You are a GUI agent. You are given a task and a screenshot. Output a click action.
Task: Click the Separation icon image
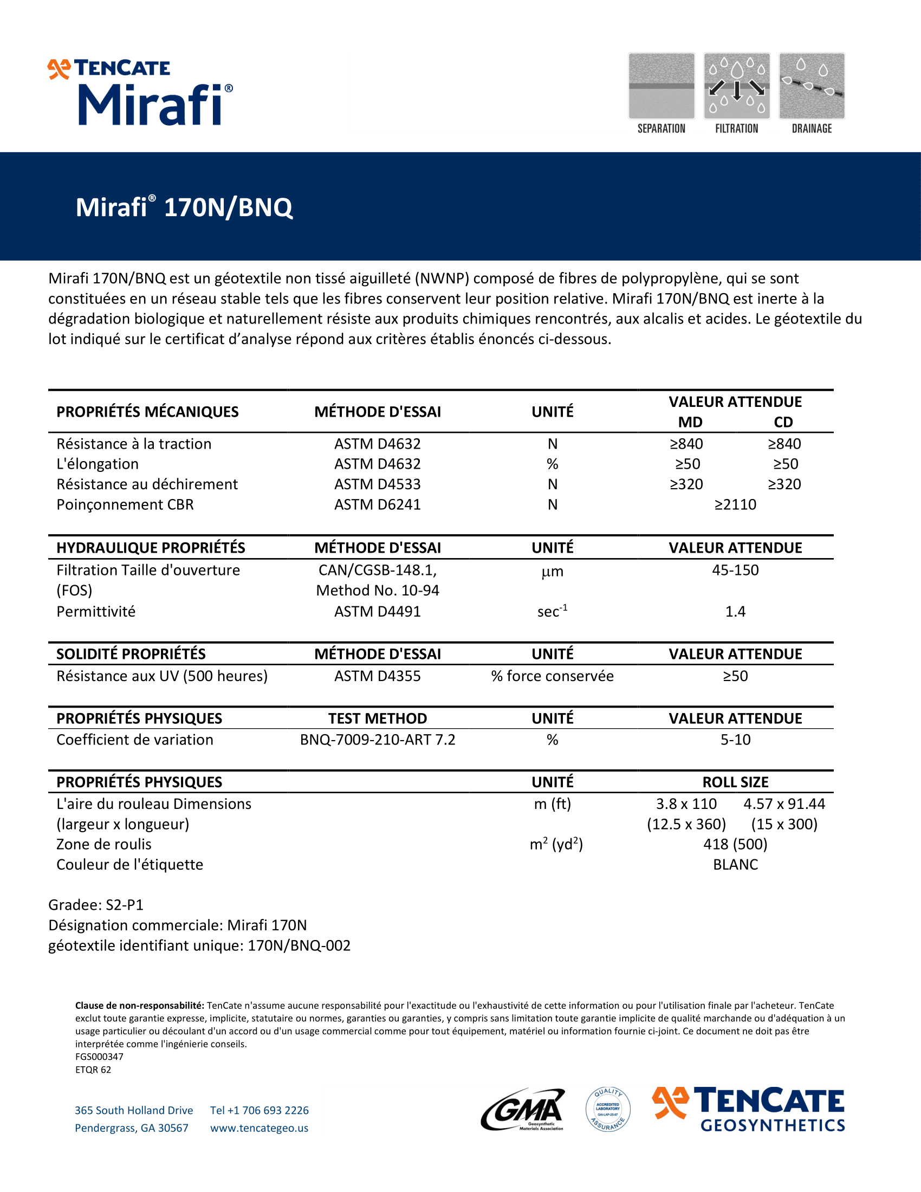(x=661, y=86)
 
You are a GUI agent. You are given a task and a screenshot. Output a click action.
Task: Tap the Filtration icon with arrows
(x=737, y=86)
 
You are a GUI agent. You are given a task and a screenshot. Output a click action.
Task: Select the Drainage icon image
(x=812, y=86)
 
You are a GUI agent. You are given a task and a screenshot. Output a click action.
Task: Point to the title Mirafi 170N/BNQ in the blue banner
(x=184, y=208)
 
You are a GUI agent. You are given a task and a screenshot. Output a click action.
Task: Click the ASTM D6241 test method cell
(x=378, y=504)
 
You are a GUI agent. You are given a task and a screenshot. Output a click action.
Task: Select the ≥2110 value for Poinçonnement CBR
(x=735, y=504)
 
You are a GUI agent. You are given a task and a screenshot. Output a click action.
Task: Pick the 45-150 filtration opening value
(x=735, y=570)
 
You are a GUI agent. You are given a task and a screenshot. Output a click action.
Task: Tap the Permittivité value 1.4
(x=735, y=611)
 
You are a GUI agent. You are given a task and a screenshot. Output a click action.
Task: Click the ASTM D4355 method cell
(x=378, y=676)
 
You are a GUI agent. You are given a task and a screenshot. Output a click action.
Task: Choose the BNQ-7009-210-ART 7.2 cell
(x=378, y=740)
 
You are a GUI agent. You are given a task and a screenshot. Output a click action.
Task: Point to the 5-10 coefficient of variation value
(x=735, y=740)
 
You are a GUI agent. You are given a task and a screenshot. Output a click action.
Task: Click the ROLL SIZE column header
(x=735, y=782)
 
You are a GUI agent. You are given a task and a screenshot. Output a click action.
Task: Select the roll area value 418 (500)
(x=735, y=844)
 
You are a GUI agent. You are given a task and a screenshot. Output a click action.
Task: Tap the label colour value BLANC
(x=735, y=865)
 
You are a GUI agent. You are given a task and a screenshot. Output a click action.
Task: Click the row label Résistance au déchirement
(x=147, y=484)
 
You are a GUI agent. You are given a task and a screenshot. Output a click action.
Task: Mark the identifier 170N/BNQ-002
(x=299, y=945)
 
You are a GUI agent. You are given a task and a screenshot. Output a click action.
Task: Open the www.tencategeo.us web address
(x=259, y=1128)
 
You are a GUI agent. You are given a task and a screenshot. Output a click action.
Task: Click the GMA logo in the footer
(x=523, y=1109)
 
